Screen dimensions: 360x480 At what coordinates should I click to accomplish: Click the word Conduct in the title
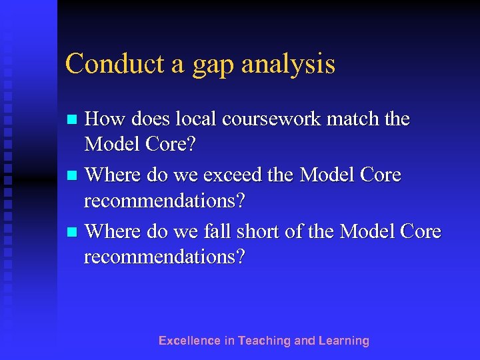[108, 64]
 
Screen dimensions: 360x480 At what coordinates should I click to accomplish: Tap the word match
[349, 119]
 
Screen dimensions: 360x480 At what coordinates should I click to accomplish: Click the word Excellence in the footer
[189, 341]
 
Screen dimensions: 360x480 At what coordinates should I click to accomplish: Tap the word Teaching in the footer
[265, 341]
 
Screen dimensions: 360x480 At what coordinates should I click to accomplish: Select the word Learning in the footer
[343, 341]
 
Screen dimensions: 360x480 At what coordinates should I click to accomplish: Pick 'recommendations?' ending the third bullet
[165, 257]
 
